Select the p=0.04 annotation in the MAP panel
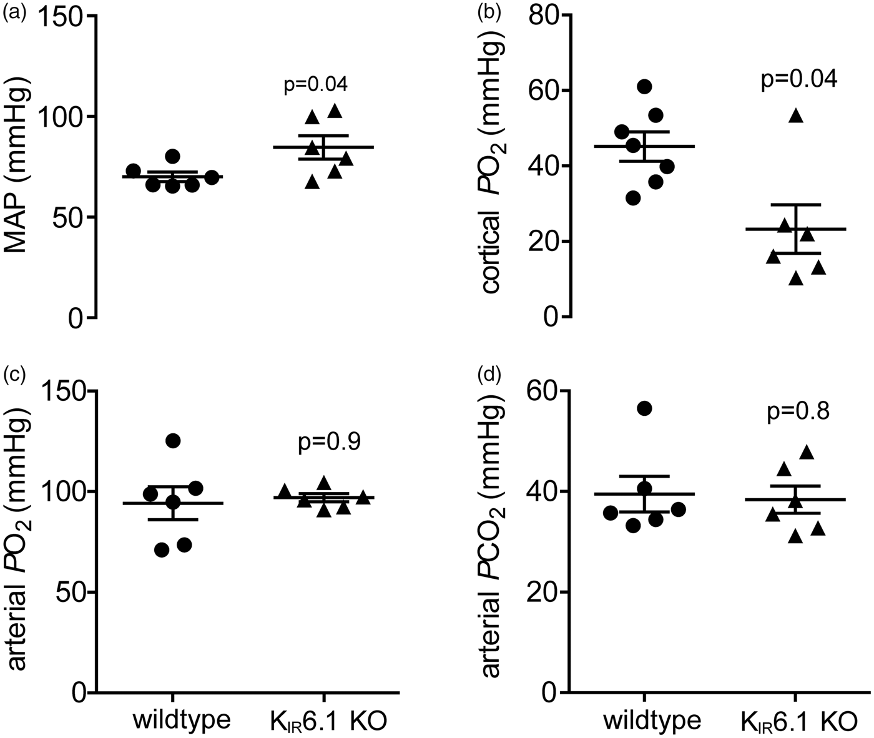(x=316, y=85)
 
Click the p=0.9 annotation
(x=329, y=443)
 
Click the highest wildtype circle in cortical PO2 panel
(x=645, y=87)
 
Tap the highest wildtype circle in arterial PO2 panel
(x=173, y=440)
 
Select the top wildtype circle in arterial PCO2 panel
(x=645, y=408)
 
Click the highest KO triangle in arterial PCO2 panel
(x=807, y=452)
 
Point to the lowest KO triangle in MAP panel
(x=312, y=182)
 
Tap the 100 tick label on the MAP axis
(x=62, y=116)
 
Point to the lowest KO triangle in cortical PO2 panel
(x=796, y=278)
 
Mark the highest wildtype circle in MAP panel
(x=172, y=156)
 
